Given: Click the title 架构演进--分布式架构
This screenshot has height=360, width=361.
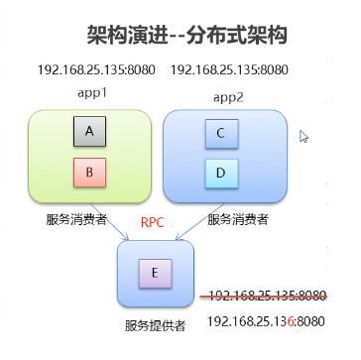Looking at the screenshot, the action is click(x=186, y=37).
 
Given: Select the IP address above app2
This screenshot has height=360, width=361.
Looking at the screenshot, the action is click(x=229, y=70).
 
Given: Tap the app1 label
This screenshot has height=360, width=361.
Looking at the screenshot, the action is click(x=90, y=92).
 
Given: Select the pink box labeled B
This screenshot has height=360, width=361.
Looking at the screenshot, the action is click(x=90, y=172).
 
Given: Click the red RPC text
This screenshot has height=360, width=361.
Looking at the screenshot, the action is click(x=152, y=222).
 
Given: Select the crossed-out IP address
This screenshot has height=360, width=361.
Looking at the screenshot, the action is click(x=267, y=295).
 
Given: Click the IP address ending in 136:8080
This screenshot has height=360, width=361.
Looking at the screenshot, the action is click(x=267, y=320).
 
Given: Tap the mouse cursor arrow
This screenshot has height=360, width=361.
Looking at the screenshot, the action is click(x=304, y=137).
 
